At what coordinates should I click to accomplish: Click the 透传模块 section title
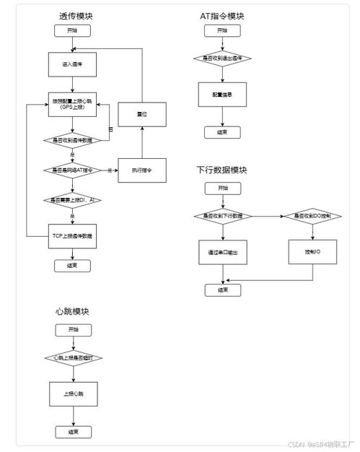click(x=76, y=15)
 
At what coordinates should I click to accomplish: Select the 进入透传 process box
click(x=72, y=64)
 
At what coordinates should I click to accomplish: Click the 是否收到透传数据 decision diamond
click(x=72, y=140)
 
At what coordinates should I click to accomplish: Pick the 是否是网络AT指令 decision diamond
click(x=72, y=170)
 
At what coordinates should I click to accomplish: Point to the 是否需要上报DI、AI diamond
click(x=72, y=200)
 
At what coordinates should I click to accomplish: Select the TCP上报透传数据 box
click(x=72, y=235)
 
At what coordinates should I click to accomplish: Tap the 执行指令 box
click(x=142, y=170)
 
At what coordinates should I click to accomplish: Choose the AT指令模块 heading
click(x=222, y=15)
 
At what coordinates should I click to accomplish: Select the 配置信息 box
click(x=222, y=95)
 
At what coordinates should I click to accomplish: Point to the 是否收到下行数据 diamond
click(x=222, y=216)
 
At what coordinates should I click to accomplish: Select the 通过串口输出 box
click(x=222, y=253)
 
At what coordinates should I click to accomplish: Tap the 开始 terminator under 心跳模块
click(x=72, y=329)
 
